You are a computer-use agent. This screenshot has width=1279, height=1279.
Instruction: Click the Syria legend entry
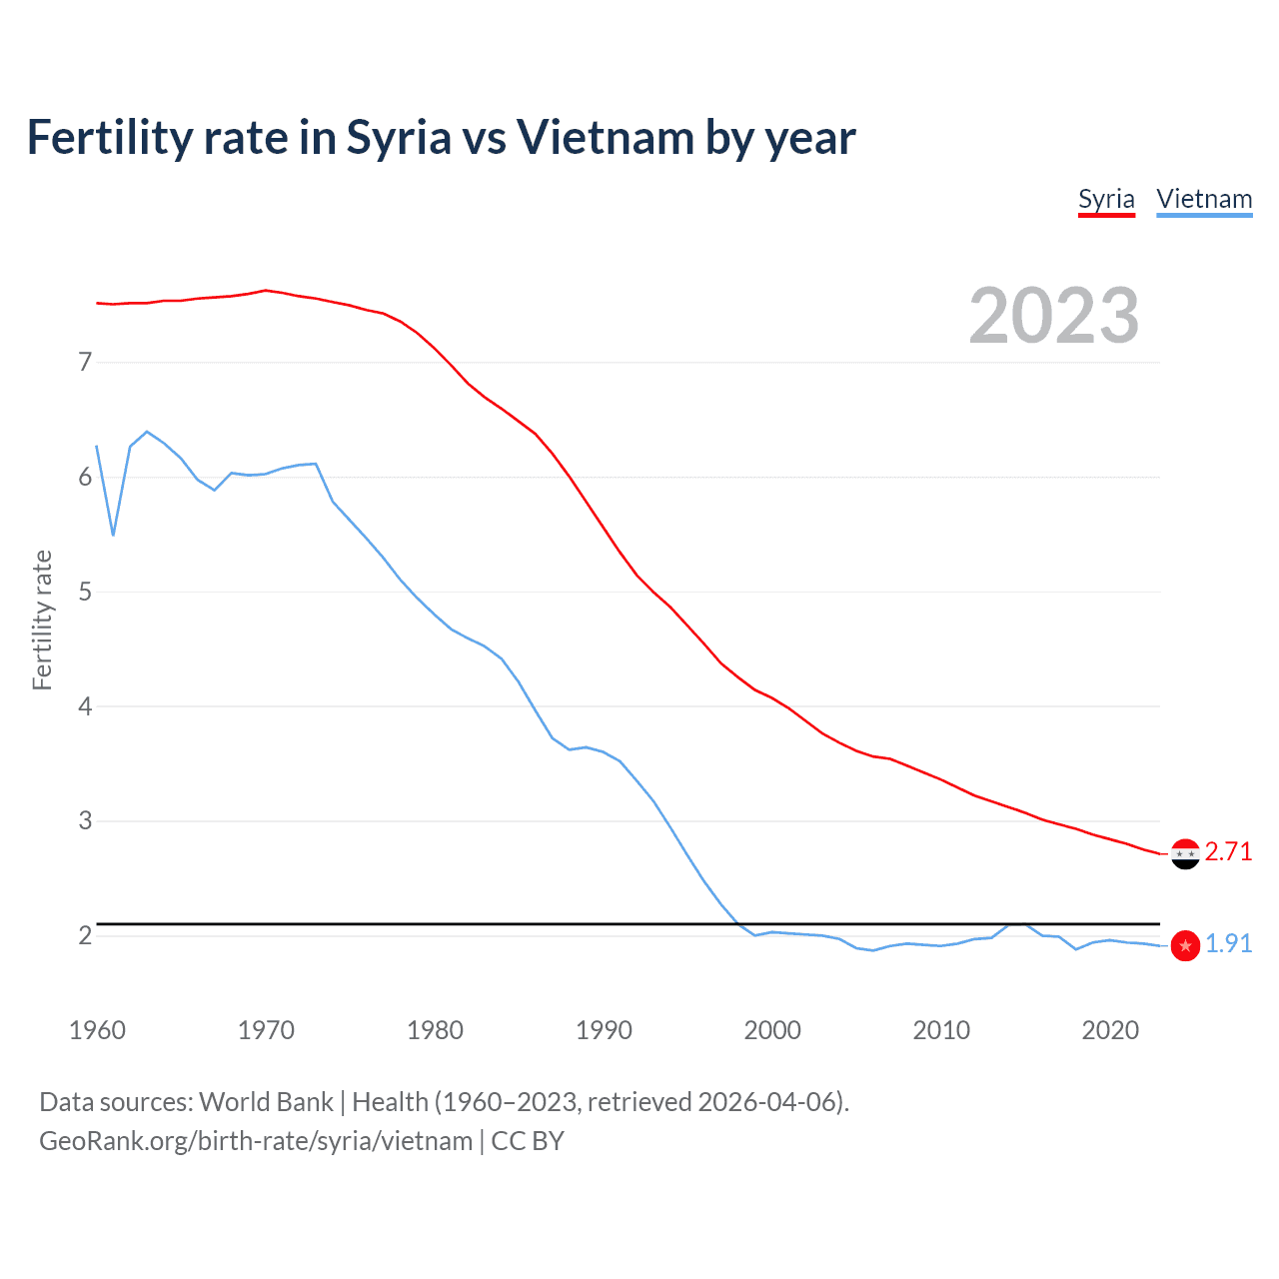click(x=1106, y=199)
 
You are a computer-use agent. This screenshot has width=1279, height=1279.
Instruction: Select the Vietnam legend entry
click(x=1204, y=199)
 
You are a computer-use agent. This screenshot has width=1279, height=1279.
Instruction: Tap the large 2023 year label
click(x=1053, y=316)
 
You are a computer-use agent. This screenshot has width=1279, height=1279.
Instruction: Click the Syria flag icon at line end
click(x=1185, y=854)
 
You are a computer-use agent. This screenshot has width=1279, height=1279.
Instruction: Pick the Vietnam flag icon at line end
click(x=1185, y=945)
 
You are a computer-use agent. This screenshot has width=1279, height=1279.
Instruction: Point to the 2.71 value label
click(x=1228, y=851)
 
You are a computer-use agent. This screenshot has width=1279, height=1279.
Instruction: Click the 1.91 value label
click(x=1228, y=943)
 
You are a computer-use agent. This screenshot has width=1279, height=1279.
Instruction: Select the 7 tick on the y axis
click(x=85, y=362)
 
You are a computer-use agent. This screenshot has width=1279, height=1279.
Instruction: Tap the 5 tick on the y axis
click(x=85, y=592)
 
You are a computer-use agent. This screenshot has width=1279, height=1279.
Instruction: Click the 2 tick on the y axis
click(x=85, y=935)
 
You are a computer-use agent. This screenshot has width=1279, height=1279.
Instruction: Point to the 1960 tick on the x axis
click(x=97, y=1030)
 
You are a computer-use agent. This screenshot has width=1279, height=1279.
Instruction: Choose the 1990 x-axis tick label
click(x=604, y=1030)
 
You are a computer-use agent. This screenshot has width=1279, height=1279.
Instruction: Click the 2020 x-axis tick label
click(x=1110, y=1030)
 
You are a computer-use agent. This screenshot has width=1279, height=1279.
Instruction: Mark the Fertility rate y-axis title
click(x=42, y=620)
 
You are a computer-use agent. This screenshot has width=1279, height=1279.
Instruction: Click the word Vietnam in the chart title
click(x=604, y=138)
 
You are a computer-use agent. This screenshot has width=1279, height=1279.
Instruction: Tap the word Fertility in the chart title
click(x=109, y=138)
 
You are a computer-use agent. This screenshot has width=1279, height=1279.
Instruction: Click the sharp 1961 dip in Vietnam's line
click(x=113, y=535)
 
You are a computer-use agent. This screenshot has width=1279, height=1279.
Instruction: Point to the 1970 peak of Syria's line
click(x=265, y=291)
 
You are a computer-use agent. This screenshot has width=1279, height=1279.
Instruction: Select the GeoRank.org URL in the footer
click(x=256, y=1141)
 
